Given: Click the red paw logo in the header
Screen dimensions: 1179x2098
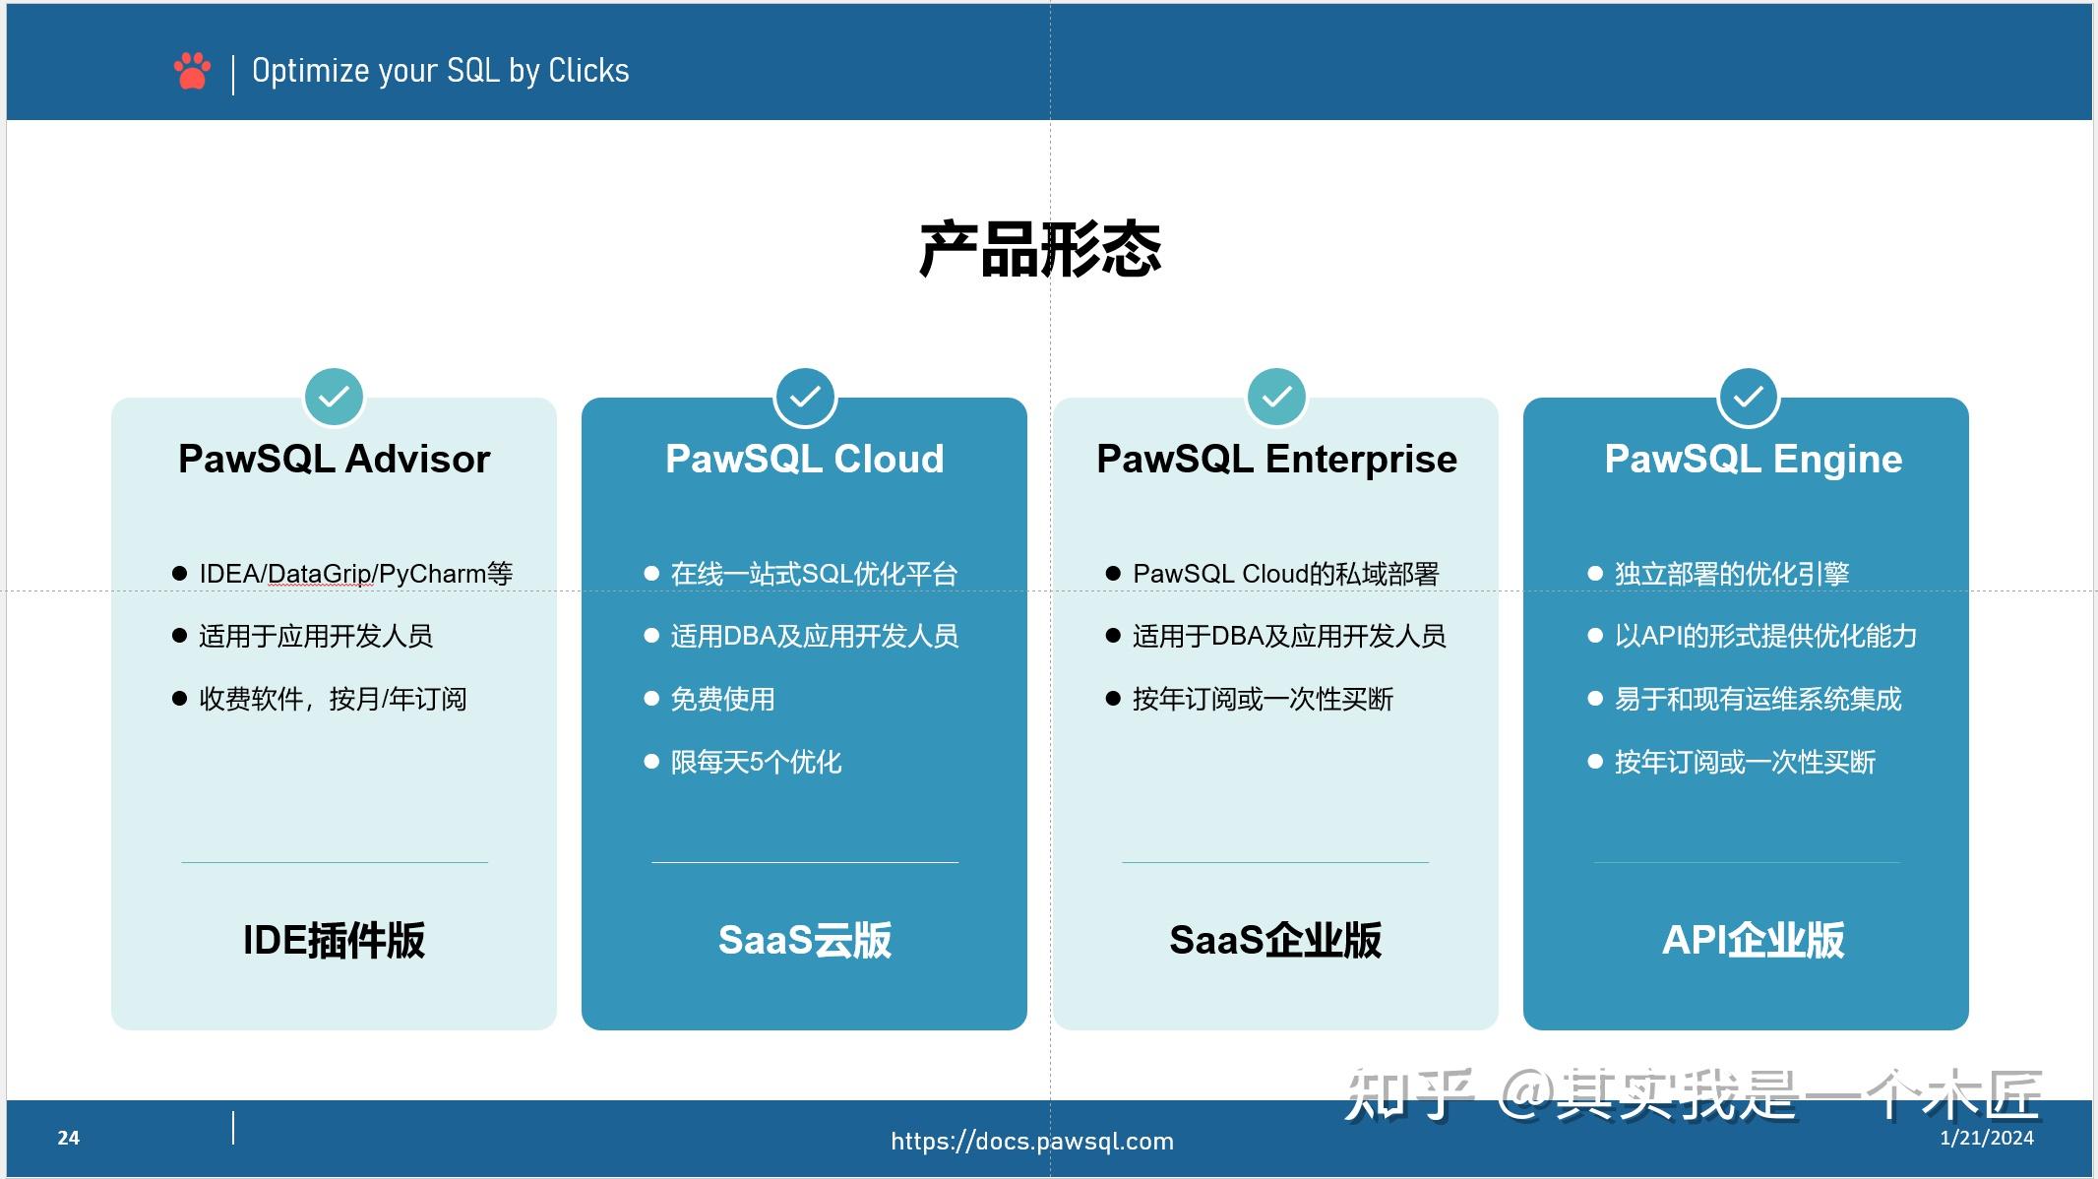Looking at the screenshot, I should point(192,71).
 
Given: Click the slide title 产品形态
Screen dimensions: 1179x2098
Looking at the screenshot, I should point(1040,249).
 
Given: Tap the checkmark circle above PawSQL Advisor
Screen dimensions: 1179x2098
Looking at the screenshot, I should point(334,397).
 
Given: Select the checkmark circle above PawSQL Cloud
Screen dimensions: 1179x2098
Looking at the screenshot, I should point(805,397).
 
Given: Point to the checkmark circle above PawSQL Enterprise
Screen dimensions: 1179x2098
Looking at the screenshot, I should point(1276,397).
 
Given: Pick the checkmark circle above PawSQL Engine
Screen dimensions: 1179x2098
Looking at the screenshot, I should point(1748,397).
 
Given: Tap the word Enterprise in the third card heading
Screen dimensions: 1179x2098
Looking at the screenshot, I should point(1361,460).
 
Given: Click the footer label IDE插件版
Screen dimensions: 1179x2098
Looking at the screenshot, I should point(334,940).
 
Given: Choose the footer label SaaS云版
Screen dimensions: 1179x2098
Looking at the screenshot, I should point(805,940).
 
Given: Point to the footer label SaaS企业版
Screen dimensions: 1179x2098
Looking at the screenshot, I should point(1275,940).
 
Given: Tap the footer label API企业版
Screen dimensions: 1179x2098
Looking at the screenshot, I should point(1753,940).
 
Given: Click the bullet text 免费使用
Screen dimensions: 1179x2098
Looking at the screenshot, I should point(722,700).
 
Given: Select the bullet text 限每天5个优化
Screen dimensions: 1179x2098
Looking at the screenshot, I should point(756,763).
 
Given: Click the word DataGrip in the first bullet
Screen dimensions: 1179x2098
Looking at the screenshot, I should point(319,574).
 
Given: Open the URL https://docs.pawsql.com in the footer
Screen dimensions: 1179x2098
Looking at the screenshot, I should point(1031,1141).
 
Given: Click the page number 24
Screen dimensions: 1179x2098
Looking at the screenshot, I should point(68,1139).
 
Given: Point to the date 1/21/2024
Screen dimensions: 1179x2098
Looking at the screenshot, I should point(1986,1139).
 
